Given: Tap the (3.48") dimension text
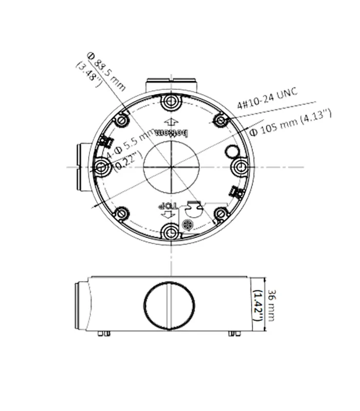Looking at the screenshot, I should coord(88,74).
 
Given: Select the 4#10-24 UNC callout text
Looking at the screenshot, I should coord(268,99).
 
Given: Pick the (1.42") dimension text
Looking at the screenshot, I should coord(259,306).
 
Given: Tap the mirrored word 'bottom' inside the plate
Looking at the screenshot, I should coord(171,133).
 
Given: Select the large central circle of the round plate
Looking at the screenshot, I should coord(171,167).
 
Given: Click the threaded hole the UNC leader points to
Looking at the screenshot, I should coord(221,120).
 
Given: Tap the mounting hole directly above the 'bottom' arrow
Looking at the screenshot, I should coord(170,102).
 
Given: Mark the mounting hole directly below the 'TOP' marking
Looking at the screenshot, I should coord(170,232).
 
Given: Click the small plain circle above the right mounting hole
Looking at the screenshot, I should coord(232,151).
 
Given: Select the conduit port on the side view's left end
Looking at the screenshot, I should coord(81,306).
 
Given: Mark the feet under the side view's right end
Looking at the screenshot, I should coord(235,333).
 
